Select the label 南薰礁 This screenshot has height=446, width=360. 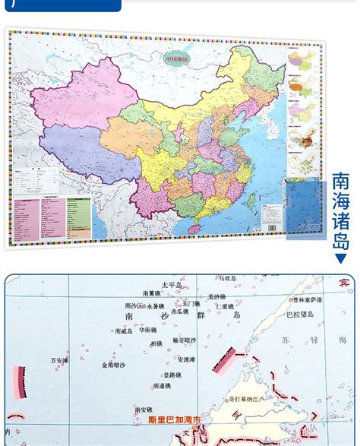coord(152,293)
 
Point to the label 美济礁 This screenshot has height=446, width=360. coord(217,297)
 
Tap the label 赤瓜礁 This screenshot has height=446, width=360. coord(179,311)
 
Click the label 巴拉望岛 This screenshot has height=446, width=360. coord(300,313)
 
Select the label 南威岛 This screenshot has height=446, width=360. coord(123,331)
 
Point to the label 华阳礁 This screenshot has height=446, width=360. coord(148,331)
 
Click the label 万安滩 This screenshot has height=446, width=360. coord(59,360)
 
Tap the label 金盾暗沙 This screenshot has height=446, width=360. coord(115,365)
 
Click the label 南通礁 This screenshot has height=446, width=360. coord(161,386)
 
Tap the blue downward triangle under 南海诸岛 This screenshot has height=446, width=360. coord(341,258)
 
